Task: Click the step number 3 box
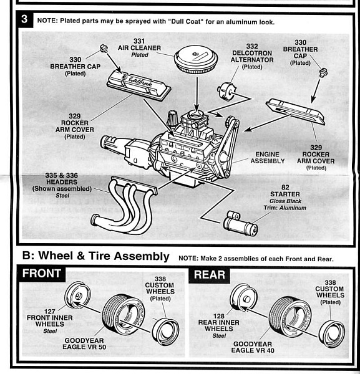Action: point(24,19)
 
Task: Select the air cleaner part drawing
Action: point(196,60)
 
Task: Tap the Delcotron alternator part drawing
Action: point(226,91)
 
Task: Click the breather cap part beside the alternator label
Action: point(323,72)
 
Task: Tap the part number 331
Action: point(139,41)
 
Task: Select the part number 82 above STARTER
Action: point(285,188)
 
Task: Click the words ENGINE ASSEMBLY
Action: point(268,158)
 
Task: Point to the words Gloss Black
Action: point(285,201)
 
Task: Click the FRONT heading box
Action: point(41,274)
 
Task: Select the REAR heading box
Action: point(210,275)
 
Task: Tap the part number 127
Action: point(50,311)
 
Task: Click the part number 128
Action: point(218,316)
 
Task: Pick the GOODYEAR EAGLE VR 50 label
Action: point(84,343)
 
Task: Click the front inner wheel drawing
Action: point(77,295)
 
